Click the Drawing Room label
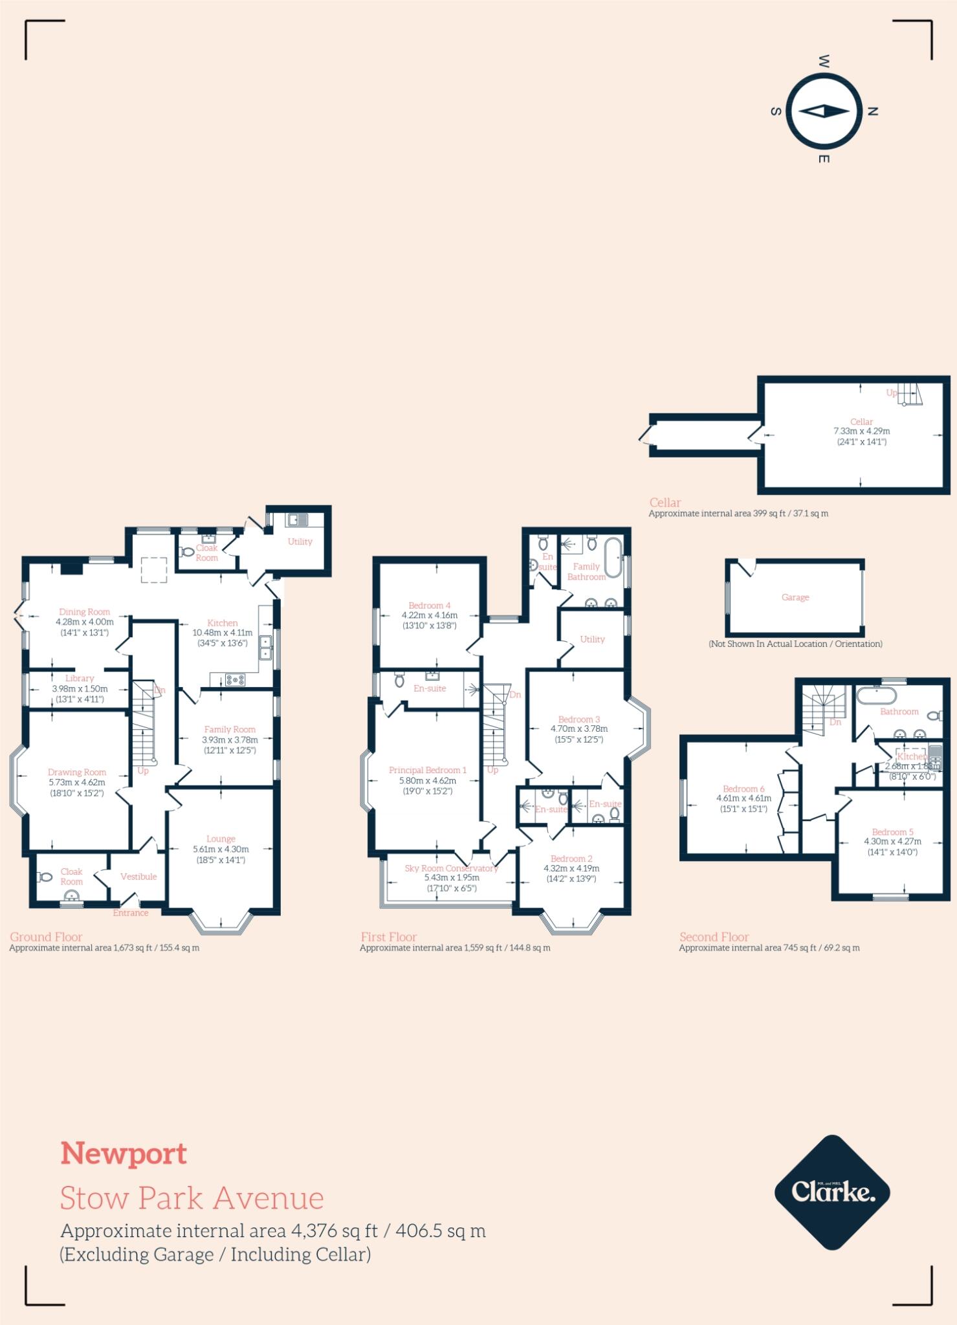76,772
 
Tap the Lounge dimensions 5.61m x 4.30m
221,849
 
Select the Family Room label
230,729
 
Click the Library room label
80,679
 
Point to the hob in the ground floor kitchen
235,679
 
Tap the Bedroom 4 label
430,606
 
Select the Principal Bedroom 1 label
427,770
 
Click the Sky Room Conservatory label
451,868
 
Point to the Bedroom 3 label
579,719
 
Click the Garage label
795,597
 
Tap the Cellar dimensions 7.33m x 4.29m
861,431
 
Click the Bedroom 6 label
743,789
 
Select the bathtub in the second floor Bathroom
876,697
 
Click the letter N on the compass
872,111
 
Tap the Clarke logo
832,1192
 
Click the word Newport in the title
124,1154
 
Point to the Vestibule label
138,877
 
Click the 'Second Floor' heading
714,937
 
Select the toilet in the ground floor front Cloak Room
45,877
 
